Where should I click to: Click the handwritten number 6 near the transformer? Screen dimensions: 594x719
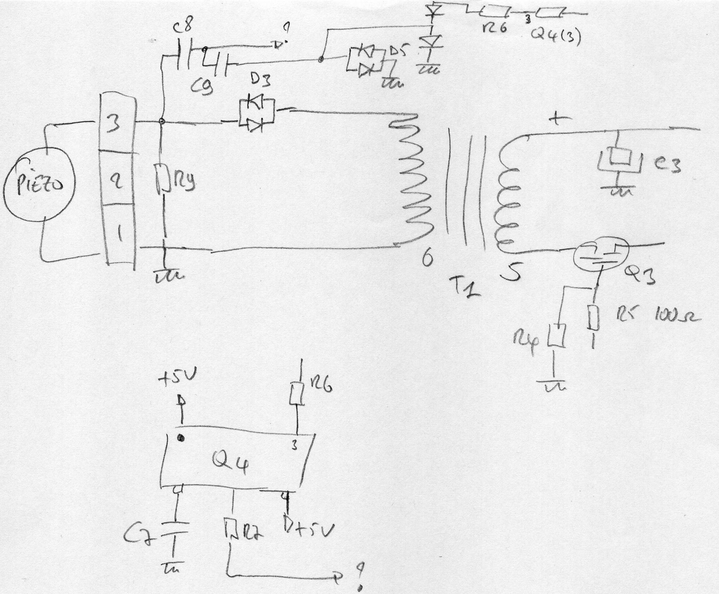pyautogui.click(x=426, y=259)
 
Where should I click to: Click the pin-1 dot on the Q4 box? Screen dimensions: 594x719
pyautogui.click(x=182, y=438)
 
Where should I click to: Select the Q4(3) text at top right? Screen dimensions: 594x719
pyautogui.click(x=557, y=37)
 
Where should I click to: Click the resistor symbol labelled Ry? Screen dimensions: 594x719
pyautogui.click(x=162, y=178)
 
